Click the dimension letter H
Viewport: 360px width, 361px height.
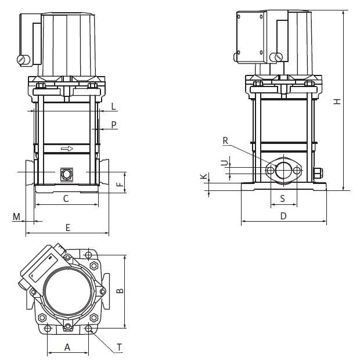pyautogui.click(x=337, y=102)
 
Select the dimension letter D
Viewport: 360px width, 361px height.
pyautogui.click(x=283, y=216)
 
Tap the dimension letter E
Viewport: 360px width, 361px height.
pyautogui.click(x=67, y=228)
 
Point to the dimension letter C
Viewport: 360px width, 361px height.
pyautogui.click(x=66, y=198)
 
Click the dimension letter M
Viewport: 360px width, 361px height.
pyautogui.click(x=17, y=216)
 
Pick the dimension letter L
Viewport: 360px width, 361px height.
pyautogui.click(x=114, y=106)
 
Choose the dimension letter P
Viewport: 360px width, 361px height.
pyautogui.click(x=114, y=125)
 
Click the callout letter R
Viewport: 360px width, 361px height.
pyautogui.click(x=226, y=140)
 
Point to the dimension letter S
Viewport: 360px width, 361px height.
pyautogui.click(x=283, y=198)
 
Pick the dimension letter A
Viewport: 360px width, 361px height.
pyautogui.click(x=67, y=347)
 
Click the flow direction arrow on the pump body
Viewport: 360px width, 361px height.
pyautogui.click(x=67, y=149)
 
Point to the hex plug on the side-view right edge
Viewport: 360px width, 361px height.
pyautogui.click(x=319, y=172)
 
